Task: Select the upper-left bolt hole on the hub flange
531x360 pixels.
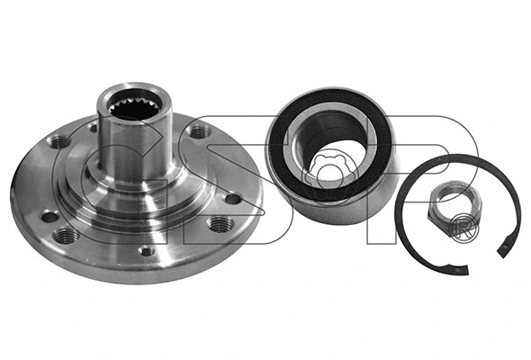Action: click(60, 141)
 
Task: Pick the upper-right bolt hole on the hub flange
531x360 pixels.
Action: click(194, 131)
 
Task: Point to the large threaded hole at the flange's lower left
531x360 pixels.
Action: click(65, 235)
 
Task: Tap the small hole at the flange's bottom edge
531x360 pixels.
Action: click(146, 251)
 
